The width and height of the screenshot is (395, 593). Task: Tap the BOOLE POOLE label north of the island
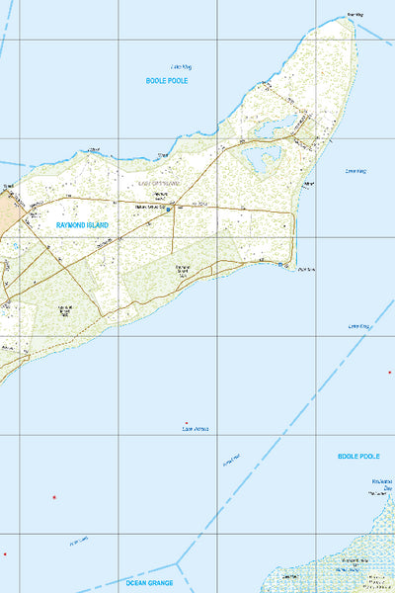pyautogui.click(x=166, y=80)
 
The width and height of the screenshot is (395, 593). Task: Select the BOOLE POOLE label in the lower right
pyautogui.click(x=358, y=457)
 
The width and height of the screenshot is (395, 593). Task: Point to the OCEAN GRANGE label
pyautogui.click(x=149, y=583)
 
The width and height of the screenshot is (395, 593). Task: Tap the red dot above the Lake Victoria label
pyautogui.click(x=187, y=422)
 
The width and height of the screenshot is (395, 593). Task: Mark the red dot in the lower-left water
pyautogui.click(x=54, y=497)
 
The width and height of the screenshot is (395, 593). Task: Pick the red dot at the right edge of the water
pyautogui.click(x=389, y=373)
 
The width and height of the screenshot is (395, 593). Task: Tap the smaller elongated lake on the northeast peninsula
pyautogui.click(x=276, y=125)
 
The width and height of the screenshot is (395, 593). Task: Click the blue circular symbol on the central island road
pyautogui.click(x=168, y=209)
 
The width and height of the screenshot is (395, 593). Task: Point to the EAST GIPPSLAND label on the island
pyautogui.click(x=158, y=184)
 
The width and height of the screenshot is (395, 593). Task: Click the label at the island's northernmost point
pyautogui.click(x=355, y=15)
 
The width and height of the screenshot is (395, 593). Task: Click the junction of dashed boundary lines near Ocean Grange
pyautogui.click(x=179, y=562)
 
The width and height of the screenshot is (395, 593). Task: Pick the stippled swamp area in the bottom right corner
pyautogui.click(x=346, y=558)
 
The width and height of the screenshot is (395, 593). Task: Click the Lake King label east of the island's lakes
pyautogui.click(x=355, y=171)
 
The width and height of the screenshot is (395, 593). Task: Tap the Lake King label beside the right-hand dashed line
pyautogui.click(x=357, y=325)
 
